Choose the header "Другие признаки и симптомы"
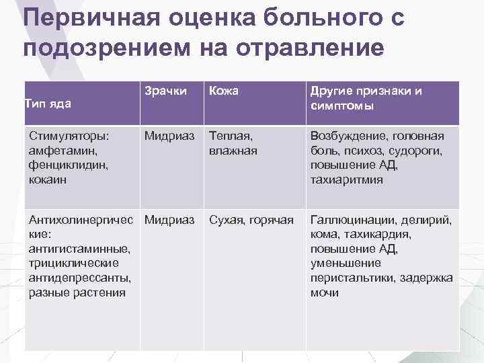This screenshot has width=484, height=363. (366, 99)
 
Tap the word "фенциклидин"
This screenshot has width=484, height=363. (67, 165)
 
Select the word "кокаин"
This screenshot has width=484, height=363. (49, 180)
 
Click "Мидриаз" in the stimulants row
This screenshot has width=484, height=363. (169, 136)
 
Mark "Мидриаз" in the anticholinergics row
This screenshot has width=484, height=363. (169, 220)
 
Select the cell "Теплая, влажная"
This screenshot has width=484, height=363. (233, 143)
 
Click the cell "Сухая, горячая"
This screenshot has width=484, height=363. (251, 220)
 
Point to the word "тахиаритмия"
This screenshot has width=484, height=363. (346, 180)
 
